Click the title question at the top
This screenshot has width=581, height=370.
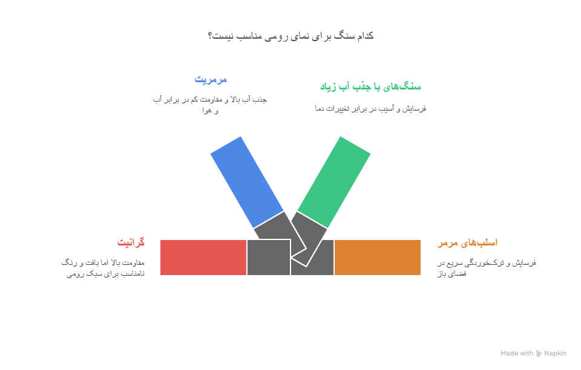click(x=290, y=36)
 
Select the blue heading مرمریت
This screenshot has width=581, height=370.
click(x=211, y=79)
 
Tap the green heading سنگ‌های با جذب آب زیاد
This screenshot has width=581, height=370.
click(x=370, y=86)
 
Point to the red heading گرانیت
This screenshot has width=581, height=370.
click(x=131, y=242)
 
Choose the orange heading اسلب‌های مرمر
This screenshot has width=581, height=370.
click(x=467, y=242)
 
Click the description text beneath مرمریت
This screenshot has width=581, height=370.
click(x=210, y=104)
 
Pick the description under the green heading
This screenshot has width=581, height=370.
click(x=370, y=108)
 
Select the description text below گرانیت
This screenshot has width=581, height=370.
click(x=103, y=268)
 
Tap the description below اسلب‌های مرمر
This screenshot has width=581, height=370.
click(x=486, y=268)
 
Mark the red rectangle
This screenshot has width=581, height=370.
click(x=203, y=258)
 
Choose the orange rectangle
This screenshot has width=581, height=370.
click(x=378, y=258)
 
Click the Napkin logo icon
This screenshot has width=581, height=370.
click(x=539, y=354)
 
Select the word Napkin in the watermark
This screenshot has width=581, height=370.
click(x=555, y=354)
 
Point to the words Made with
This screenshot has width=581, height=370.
click(x=517, y=354)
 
